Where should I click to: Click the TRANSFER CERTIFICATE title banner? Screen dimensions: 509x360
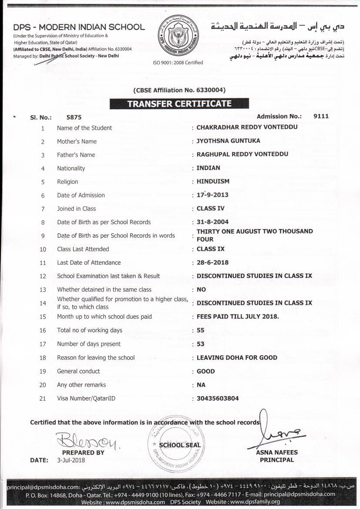(179, 104)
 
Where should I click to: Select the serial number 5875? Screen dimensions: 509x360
(74, 117)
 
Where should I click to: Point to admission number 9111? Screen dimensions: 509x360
(321, 116)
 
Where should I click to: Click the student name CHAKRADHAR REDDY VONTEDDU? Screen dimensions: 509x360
(247, 128)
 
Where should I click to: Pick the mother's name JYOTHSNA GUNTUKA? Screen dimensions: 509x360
(228, 141)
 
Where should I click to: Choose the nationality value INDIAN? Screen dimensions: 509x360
(209, 168)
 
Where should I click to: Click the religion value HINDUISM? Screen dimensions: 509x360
(213, 182)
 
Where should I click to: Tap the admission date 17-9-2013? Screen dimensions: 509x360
(212, 195)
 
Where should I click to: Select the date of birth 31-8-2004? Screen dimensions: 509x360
(212, 222)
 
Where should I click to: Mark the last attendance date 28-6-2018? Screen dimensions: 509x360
(212, 263)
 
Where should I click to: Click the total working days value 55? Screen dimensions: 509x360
(201, 330)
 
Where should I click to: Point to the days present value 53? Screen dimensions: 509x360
(201, 344)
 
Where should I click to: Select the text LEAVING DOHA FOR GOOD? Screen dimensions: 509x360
(237, 357)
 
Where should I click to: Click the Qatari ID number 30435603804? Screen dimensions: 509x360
(218, 398)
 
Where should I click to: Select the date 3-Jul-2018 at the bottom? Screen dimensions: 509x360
(71, 460)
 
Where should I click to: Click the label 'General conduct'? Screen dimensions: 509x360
(78, 371)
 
